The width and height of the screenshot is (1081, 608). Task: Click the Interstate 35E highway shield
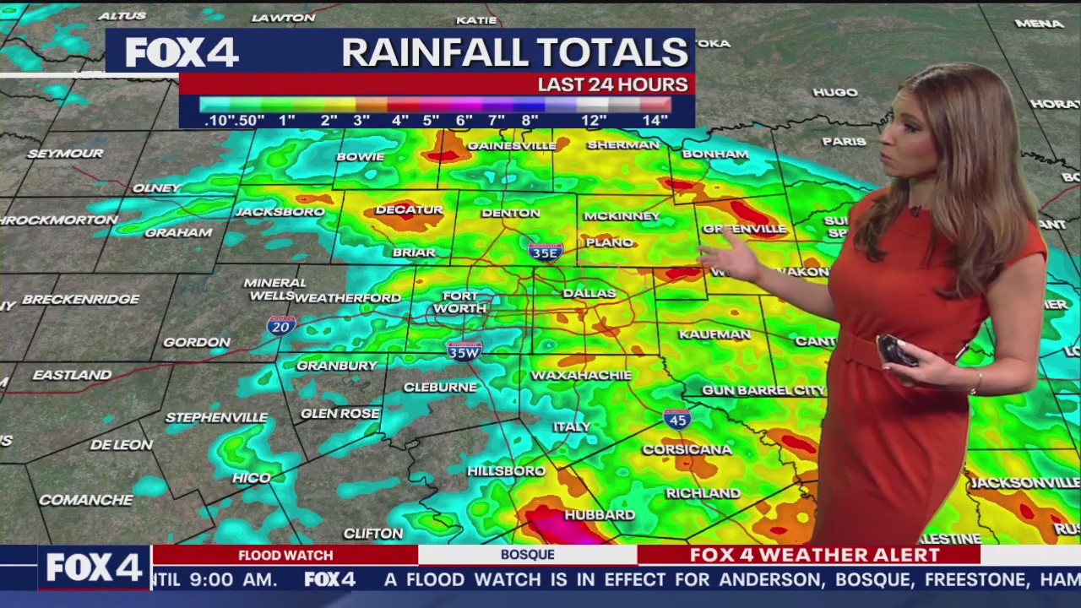pyautogui.click(x=545, y=252)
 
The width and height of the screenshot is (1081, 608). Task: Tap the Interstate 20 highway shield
pyautogui.click(x=281, y=326)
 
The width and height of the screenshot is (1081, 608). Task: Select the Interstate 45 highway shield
pyautogui.click(x=676, y=419)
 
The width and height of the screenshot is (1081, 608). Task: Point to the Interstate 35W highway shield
pyautogui.click(x=464, y=351)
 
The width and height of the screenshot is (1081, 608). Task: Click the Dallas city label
pyautogui.click(x=589, y=293)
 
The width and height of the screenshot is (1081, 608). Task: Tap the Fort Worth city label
pyautogui.click(x=460, y=302)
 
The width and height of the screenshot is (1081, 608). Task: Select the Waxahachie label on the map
pyautogui.click(x=581, y=375)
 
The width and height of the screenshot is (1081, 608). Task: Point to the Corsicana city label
pyautogui.click(x=687, y=449)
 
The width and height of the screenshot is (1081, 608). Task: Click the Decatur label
pyautogui.click(x=409, y=209)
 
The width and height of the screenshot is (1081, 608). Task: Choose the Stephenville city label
pyautogui.click(x=216, y=417)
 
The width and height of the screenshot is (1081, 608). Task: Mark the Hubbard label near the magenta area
pyautogui.click(x=600, y=514)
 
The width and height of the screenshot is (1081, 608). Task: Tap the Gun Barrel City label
pyautogui.click(x=763, y=390)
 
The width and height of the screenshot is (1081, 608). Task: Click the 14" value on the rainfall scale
pyautogui.click(x=655, y=121)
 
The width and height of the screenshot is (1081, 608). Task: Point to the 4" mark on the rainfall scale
pyautogui.click(x=399, y=121)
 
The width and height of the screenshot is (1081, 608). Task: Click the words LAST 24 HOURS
pyautogui.click(x=612, y=84)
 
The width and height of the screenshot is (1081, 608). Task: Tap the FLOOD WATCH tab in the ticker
pyautogui.click(x=285, y=555)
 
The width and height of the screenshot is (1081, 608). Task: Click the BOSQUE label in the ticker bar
pyautogui.click(x=527, y=555)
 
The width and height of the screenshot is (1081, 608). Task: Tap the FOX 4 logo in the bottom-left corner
pyautogui.click(x=93, y=567)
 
